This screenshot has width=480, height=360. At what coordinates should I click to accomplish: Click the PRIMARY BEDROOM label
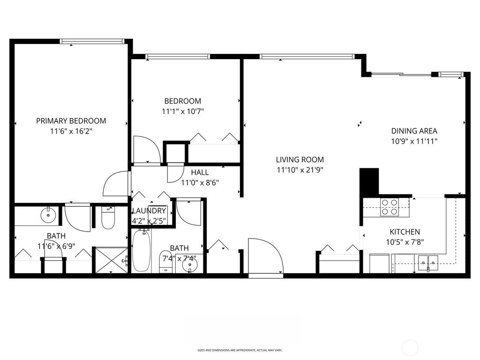(71, 120)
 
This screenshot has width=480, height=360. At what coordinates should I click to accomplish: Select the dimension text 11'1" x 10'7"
(183, 112)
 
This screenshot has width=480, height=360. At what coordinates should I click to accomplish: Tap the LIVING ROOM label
(300, 159)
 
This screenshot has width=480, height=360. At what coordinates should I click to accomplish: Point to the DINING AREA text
(414, 131)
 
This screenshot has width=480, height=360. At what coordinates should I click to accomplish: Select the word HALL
(200, 172)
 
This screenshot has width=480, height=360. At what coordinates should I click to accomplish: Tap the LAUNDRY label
(149, 211)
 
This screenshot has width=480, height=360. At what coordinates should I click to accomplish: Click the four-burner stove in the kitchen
(389, 207)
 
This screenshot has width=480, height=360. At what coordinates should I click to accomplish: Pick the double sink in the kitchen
(428, 261)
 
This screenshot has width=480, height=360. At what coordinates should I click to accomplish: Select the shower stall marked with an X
(111, 260)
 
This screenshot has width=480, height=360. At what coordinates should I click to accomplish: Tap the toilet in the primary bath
(108, 217)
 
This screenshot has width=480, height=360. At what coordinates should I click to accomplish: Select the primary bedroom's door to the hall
(116, 184)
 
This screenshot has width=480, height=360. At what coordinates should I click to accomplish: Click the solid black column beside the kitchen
(369, 181)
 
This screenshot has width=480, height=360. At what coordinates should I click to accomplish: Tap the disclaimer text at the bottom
(240, 350)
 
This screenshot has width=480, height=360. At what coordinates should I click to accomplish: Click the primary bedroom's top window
(92, 41)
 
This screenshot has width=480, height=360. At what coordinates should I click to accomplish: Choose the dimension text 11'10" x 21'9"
(300, 170)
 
